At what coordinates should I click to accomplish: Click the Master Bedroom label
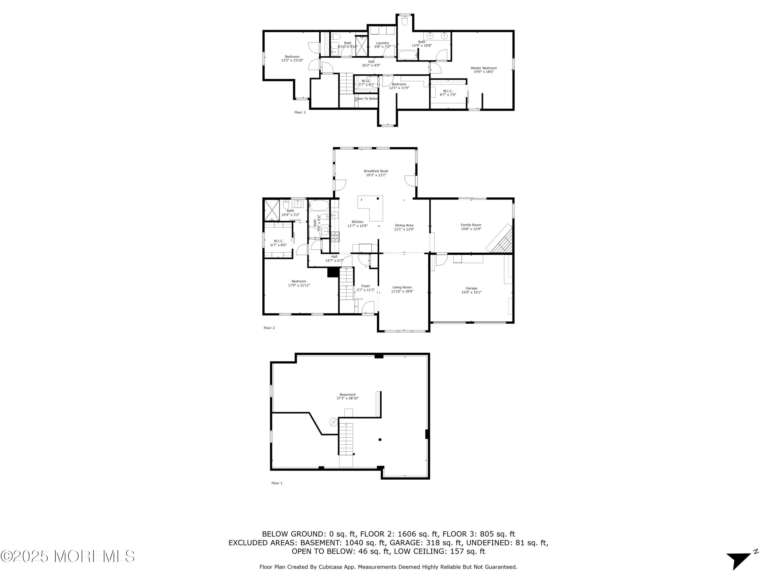tap(483, 68)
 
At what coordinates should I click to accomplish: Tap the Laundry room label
tap(382, 43)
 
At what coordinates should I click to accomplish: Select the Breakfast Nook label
tap(376, 171)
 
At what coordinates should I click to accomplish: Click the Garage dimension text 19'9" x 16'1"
tap(471, 292)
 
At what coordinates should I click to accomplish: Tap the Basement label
tap(347, 394)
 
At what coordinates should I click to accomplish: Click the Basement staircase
tap(346, 439)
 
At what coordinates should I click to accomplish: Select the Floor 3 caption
tap(300, 112)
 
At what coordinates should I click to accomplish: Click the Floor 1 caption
tap(277, 483)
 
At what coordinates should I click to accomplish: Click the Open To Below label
tap(366, 99)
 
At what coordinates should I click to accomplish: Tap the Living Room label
tap(402, 287)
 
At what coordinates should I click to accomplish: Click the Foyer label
tap(365, 286)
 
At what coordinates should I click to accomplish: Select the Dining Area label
tap(404, 225)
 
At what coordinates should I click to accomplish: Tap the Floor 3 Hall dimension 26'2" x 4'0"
tap(371, 65)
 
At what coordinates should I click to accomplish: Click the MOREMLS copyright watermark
tap(67, 556)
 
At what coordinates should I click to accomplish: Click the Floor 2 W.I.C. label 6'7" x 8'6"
tap(278, 245)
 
